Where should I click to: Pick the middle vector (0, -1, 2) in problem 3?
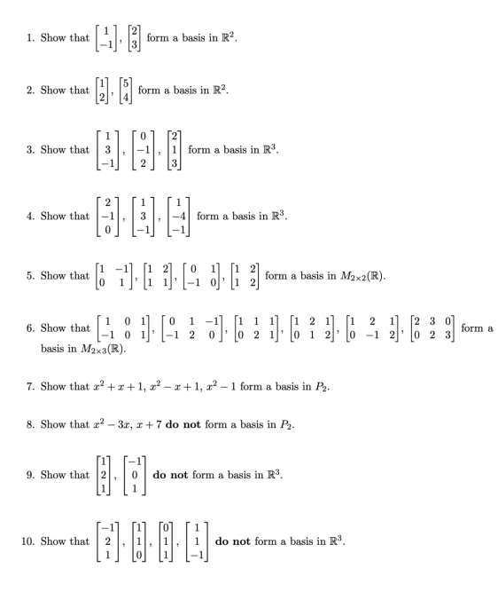click(136, 150)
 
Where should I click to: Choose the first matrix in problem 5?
click(111, 276)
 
